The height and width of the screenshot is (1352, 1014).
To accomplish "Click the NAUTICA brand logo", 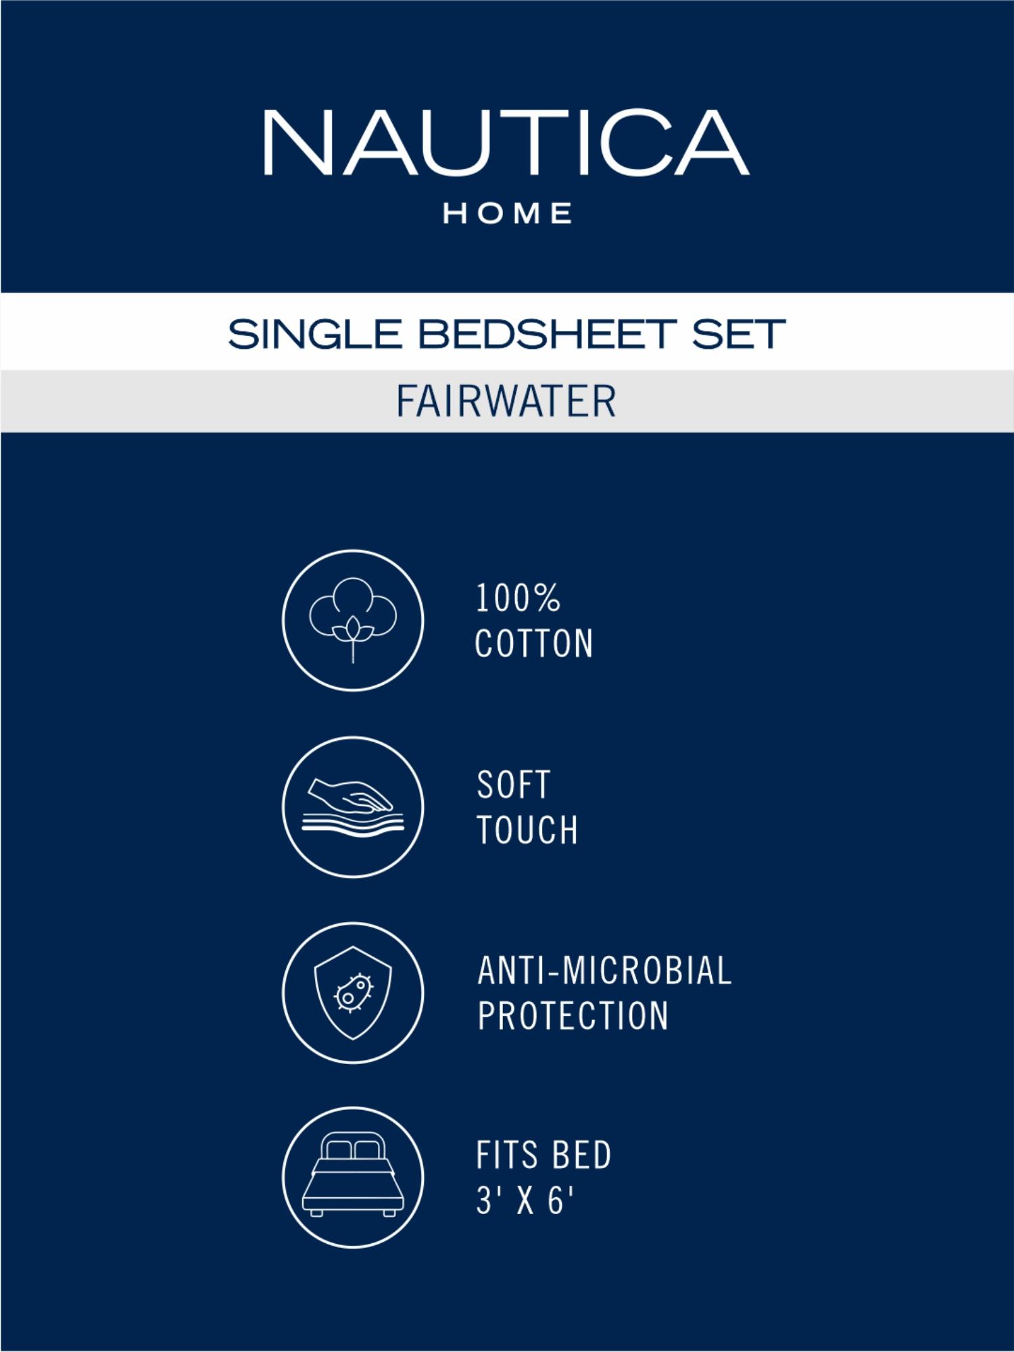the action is click(506, 143).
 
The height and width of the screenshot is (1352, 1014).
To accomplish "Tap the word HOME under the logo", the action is click(508, 214).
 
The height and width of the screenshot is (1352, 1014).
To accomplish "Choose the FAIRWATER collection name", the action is click(506, 401).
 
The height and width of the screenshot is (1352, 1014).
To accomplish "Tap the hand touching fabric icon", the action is click(353, 807).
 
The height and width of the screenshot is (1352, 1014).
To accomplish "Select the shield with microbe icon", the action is click(353, 992).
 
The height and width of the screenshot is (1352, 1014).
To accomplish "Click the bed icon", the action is click(353, 1177).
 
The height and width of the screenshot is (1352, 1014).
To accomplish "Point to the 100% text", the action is click(518, 598).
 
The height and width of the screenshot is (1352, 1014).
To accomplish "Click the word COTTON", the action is click(534, 643).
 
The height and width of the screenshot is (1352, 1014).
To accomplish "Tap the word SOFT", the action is click(514, 785).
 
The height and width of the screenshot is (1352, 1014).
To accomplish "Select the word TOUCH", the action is click(527, 829).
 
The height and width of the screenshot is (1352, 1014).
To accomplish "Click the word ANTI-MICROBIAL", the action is click(605, 971).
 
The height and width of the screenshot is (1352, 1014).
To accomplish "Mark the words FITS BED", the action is click(544, 1155).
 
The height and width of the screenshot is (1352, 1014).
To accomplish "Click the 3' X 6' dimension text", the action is click(525, 1201).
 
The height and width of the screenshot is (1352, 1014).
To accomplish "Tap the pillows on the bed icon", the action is click(353, 1150).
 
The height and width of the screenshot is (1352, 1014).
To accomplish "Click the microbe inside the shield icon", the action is click(354, 992).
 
